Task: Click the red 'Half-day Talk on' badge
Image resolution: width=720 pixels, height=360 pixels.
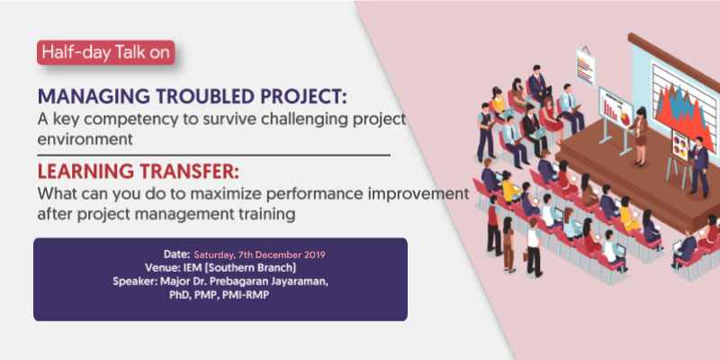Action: click(105, 52)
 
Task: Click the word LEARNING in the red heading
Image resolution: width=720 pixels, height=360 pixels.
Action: click(83, 172)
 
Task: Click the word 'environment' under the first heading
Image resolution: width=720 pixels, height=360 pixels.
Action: click(85, 139)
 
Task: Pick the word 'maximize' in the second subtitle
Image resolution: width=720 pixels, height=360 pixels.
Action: click(222, 194)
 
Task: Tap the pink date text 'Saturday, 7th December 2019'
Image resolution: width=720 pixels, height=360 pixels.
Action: click(259, 255)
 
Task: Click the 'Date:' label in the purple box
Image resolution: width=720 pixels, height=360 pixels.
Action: click(176, 254)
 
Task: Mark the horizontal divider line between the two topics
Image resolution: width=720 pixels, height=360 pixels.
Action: click(214, 156)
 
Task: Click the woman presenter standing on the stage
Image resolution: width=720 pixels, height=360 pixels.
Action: click(640, 137)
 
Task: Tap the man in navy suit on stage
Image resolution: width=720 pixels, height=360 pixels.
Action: click(698, 166)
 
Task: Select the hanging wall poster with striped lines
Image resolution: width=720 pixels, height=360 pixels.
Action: click(586, 66)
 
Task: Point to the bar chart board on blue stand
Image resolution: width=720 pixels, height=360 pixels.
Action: click(616, 115)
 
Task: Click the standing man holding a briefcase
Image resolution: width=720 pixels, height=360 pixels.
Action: click(534, 247)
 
